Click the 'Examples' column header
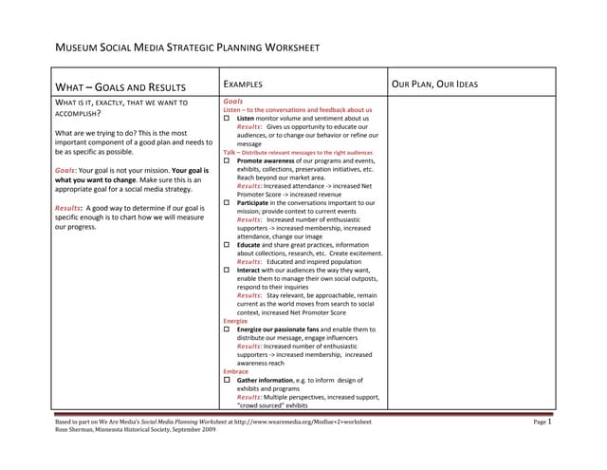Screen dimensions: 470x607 (x=243, y=85)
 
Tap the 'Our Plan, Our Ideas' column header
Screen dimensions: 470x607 (x=434, y=85)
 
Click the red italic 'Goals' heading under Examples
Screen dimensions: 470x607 (x=233, y=101)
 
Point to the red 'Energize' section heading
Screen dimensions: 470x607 (x=235, y=321)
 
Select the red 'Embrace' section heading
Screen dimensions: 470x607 (x=235, y=371)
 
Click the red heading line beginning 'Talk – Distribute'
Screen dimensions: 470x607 (x=298, y=152)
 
